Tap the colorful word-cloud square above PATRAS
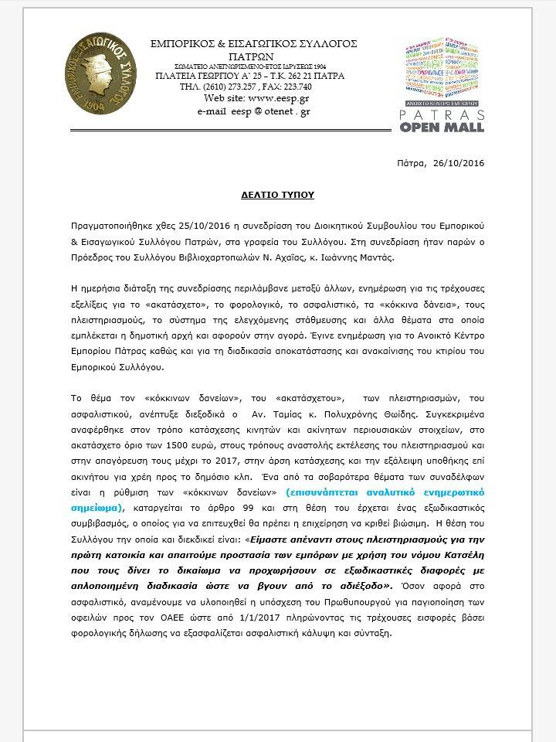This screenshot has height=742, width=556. [442, 68]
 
